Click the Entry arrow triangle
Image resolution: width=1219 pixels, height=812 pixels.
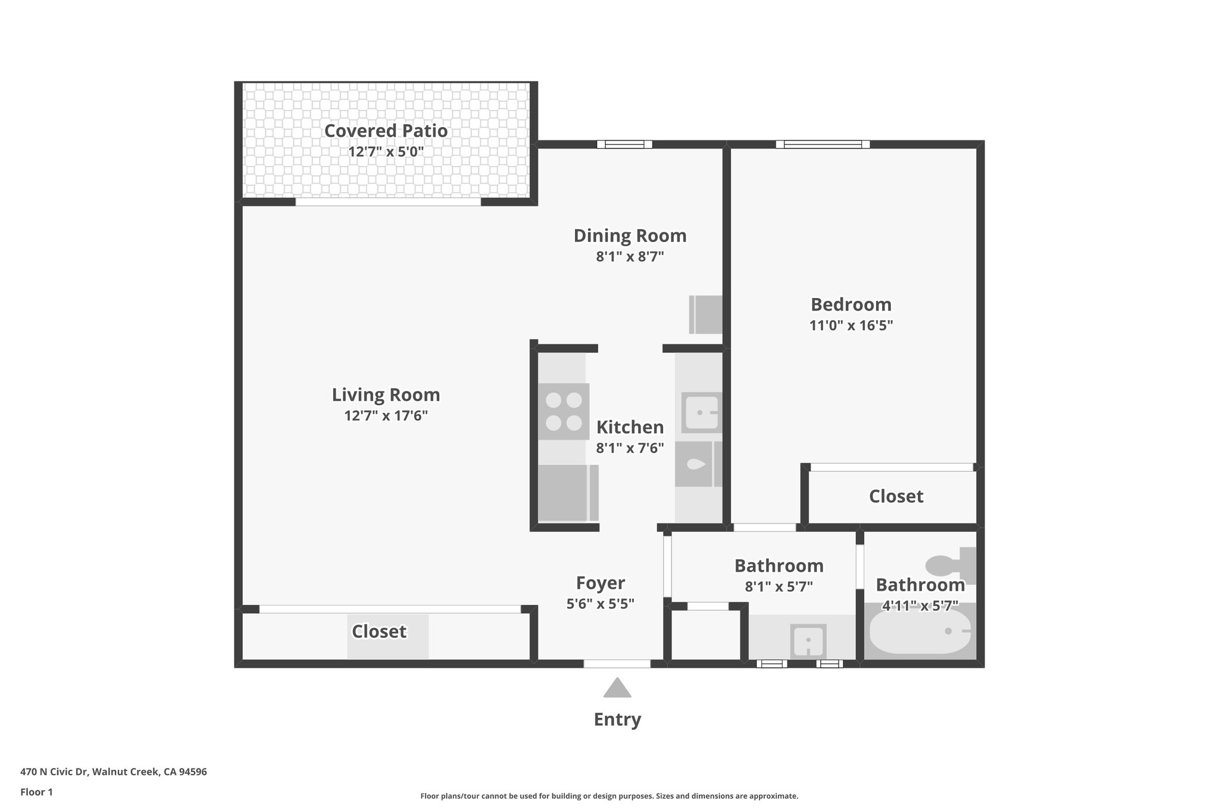click(617, 689)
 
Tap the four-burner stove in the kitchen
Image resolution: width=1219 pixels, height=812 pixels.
click(564, 411)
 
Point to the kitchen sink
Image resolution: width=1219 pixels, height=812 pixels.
click(701, 412)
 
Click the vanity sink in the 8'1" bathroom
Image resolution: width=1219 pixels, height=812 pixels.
click(808, 641)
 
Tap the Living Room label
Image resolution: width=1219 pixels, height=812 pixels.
click(386, 395)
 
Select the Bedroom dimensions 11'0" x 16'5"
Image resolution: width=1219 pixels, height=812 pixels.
click(851, 325)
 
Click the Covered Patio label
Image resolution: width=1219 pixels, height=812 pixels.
click(386, 131)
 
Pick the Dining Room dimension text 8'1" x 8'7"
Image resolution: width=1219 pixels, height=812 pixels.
click(630, 257)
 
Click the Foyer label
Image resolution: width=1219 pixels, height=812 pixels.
click(600, 583)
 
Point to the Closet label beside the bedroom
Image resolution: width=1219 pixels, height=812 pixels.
click(896, 496)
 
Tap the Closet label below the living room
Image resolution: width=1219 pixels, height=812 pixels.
click(379, 631)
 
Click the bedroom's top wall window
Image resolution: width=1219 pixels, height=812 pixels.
click(823, 144)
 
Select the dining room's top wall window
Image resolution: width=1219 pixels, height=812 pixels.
click(624, 144)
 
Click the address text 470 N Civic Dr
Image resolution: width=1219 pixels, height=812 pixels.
click(114, 772)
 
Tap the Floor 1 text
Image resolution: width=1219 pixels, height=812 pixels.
click(36, 792)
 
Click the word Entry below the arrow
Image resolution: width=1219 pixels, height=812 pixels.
click(617, 719)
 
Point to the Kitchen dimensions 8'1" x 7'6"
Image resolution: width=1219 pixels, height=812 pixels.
click(630, 448)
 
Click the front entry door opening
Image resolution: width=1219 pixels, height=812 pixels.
click(617, 663)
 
